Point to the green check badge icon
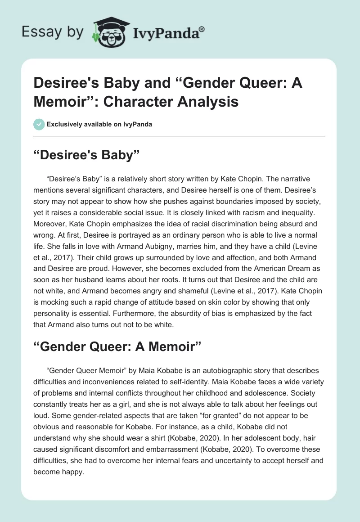click(39, 124)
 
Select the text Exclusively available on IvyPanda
click(99, 125)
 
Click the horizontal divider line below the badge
click(180, 137)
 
